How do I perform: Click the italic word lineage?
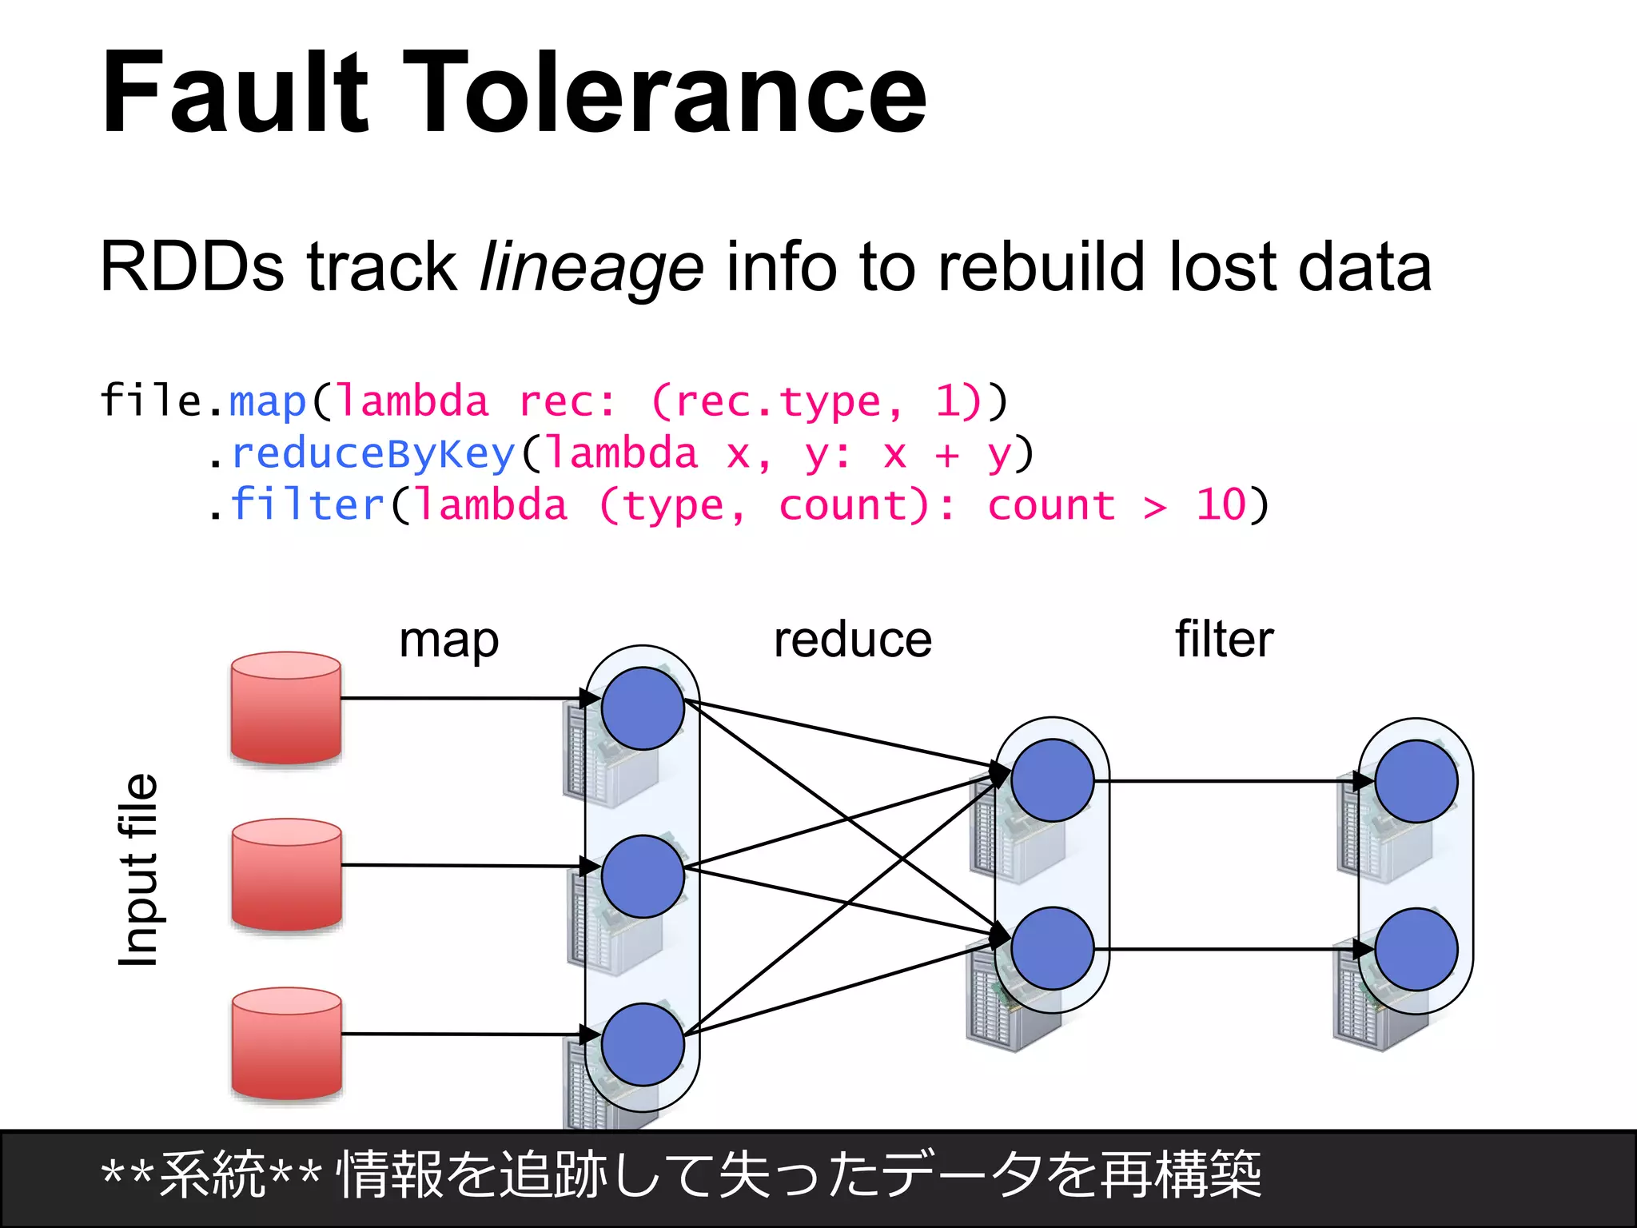tap(591, 268)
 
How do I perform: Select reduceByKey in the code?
tap(373, 454)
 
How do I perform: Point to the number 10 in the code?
tap(1221, 505)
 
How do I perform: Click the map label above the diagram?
tap(448, 640)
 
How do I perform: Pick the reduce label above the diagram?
tap(852, 640)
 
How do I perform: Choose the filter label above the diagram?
tap(1224, 640)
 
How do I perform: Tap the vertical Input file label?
tap(138, 870)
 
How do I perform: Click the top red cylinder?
tap(286, 708)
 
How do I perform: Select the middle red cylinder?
tap(287, 875)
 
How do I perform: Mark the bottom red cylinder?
tap(287, 1043)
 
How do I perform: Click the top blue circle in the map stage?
tap(643, 708)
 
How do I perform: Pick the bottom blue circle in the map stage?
tap(643, 1044)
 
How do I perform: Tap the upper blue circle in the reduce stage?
tap(1052, 780)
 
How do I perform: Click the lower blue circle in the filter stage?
tap(1416, 949)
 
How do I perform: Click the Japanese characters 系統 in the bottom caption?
tap(212, 1175)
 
